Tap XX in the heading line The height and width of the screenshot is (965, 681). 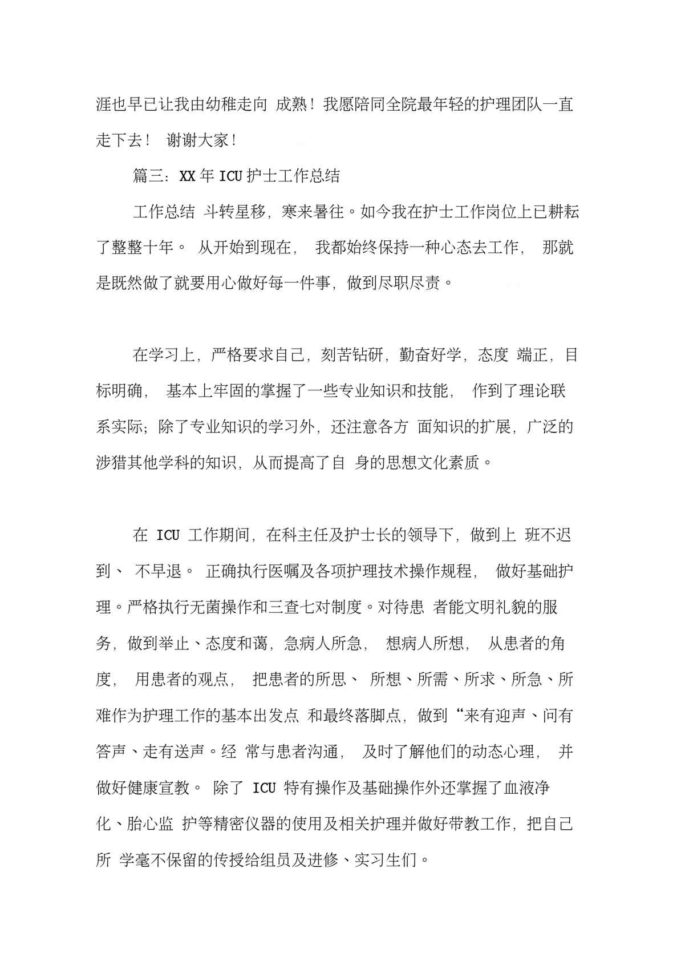188,176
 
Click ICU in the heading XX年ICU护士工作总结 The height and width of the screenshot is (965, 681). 231,176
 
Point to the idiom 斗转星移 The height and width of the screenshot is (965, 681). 235,212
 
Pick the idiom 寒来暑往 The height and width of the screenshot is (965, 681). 313,212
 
